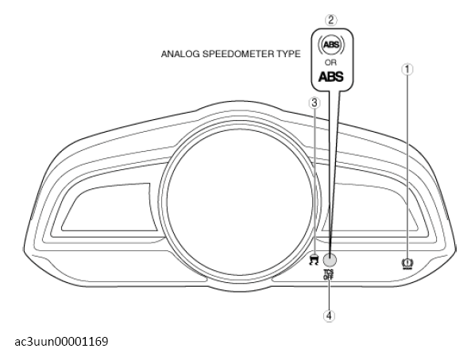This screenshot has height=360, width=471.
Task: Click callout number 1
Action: (x=407, y=69)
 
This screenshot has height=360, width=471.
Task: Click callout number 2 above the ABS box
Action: (x=330, y=20)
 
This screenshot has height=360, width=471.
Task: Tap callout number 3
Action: (x=315, y=103)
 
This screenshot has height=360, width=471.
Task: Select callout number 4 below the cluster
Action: (x=329, y=315)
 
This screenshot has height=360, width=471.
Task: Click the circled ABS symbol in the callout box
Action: (x=331, y=45)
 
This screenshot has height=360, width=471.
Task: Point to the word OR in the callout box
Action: (x=330, y=63)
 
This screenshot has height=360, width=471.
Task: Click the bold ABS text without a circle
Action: (x=330, y=76)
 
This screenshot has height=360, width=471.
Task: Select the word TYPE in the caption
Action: (x=288, y=54)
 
